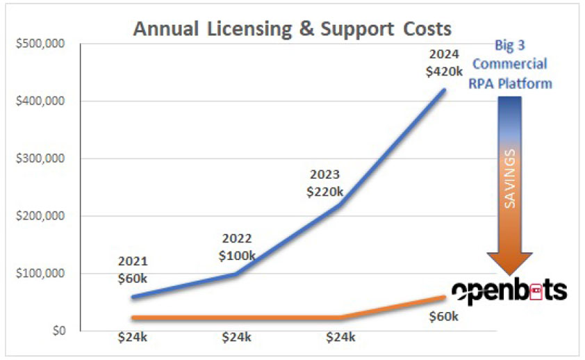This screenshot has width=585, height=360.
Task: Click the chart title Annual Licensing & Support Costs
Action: [x=292, y=29]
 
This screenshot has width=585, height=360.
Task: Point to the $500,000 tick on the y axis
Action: [x=40, y=44]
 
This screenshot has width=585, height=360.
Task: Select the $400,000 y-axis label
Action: [x=40, y=101]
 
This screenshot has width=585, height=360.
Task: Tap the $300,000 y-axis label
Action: [x=40, y=158]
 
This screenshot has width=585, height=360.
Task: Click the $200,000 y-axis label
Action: [x=40, y=216]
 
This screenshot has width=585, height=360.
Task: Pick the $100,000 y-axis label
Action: [x=40, y=273]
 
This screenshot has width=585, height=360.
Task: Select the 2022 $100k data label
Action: [x=237, y=247]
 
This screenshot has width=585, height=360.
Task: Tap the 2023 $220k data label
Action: [x=324, y=183]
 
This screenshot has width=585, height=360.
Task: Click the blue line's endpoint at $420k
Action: [x=445, y=90]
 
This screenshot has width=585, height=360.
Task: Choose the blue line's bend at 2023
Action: [x=340, y=204]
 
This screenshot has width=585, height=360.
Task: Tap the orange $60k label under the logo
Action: [x=443, y=317]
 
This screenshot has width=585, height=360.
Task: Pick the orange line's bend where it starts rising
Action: [x=340, y=318]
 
